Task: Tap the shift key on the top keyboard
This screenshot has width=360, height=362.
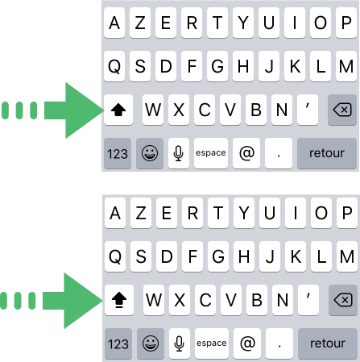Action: click(x=118, y=110)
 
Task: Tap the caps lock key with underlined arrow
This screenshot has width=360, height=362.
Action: click(x=119, y=300)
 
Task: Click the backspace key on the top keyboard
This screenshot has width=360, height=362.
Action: click(x=342, y=110)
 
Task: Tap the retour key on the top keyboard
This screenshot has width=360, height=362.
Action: click(x=327, y=153)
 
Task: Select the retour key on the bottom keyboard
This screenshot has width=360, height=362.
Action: click(x=328, y=343)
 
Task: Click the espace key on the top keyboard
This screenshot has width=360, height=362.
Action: click(x=211, y=153)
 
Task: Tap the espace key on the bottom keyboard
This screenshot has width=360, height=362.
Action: click(x=212, y=343)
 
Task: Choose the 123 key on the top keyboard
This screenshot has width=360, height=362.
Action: click(x=118, y=153)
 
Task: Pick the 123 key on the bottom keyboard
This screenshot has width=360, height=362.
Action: click(x=118, y=343)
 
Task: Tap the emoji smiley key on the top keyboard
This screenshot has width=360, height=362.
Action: click(x=150, y=153)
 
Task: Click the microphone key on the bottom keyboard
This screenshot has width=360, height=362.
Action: click(x=180, y=343)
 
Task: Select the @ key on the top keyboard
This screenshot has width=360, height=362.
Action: click(x=246, y=153)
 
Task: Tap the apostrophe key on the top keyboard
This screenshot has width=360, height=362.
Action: click(x=308, y=110)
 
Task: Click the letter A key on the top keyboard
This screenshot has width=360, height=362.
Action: click(x=114, y=23)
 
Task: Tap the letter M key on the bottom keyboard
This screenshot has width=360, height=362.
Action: click(x=347, y=256)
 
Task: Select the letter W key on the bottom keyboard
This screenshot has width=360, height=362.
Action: click(x=154, y=300)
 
